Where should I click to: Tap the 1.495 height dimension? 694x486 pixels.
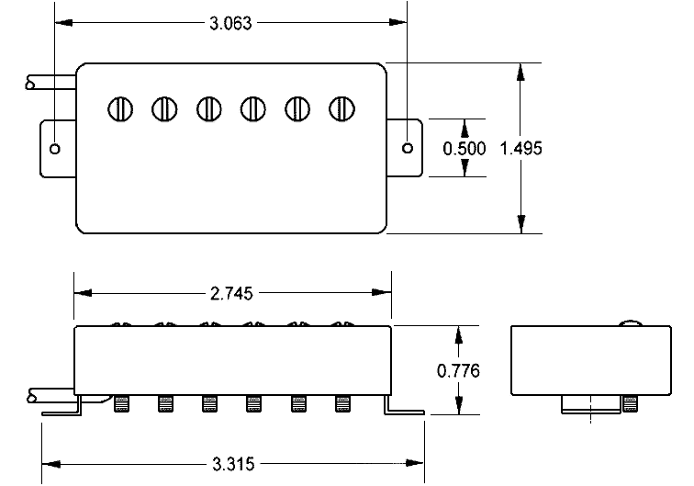click(521, 149)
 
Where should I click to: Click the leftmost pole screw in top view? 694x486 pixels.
click(120, 108)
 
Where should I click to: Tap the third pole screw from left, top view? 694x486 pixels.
click(209, 108)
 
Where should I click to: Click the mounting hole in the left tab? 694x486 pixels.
click(55, 148)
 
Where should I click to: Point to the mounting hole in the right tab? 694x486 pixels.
click(409, 148)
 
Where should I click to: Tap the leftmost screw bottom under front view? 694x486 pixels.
click(121, 403)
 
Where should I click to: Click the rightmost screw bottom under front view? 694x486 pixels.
click(343, 403)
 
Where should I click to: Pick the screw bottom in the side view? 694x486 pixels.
click(630, 403)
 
